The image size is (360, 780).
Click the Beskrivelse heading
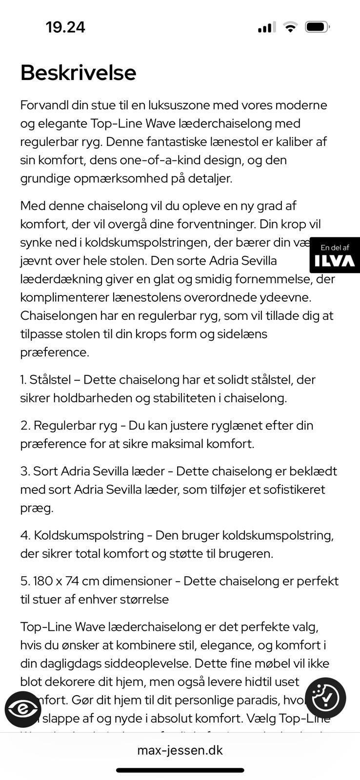78,73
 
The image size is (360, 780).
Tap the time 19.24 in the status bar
65,27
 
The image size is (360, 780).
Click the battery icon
317,27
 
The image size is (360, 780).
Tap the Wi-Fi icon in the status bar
290,27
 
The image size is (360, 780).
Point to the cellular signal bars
266,27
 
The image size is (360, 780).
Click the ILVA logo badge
335,255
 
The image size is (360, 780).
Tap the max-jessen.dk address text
180,750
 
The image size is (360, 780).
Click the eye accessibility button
22,709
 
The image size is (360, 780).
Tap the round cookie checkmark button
325,698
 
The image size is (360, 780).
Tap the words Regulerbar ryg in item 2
76,426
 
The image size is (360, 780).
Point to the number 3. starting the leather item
25,471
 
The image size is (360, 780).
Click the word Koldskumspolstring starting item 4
89,535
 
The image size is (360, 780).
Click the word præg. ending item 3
37,508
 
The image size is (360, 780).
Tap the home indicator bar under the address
180,770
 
